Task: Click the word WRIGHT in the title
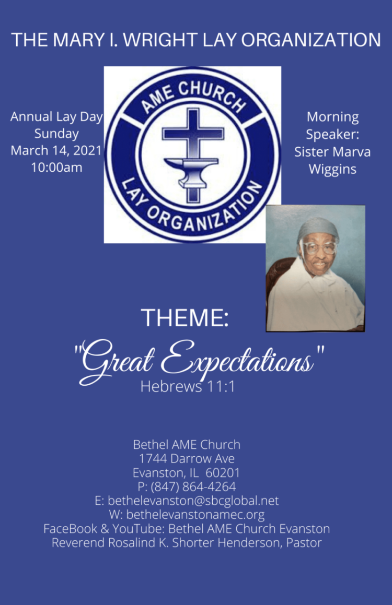click(x=162, y=40)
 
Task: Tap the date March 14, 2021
click(x=56, y=150)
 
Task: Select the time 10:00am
click(x=57, y=168)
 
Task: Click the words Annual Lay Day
click(x=57, y=117)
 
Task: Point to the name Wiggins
click(x=332, y=169)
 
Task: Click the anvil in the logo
click(x=192, y=170)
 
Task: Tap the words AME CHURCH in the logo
click(x=193, y=97)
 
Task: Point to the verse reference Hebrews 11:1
click(x=188, y=386)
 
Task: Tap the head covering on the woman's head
click(x=318, y=228)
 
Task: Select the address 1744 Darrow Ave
click(x=187, y=459)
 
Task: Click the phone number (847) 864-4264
click(x=193, y=487)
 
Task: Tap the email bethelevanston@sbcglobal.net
click(x=193, y=501)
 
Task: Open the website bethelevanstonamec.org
click(x=195, y=515)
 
